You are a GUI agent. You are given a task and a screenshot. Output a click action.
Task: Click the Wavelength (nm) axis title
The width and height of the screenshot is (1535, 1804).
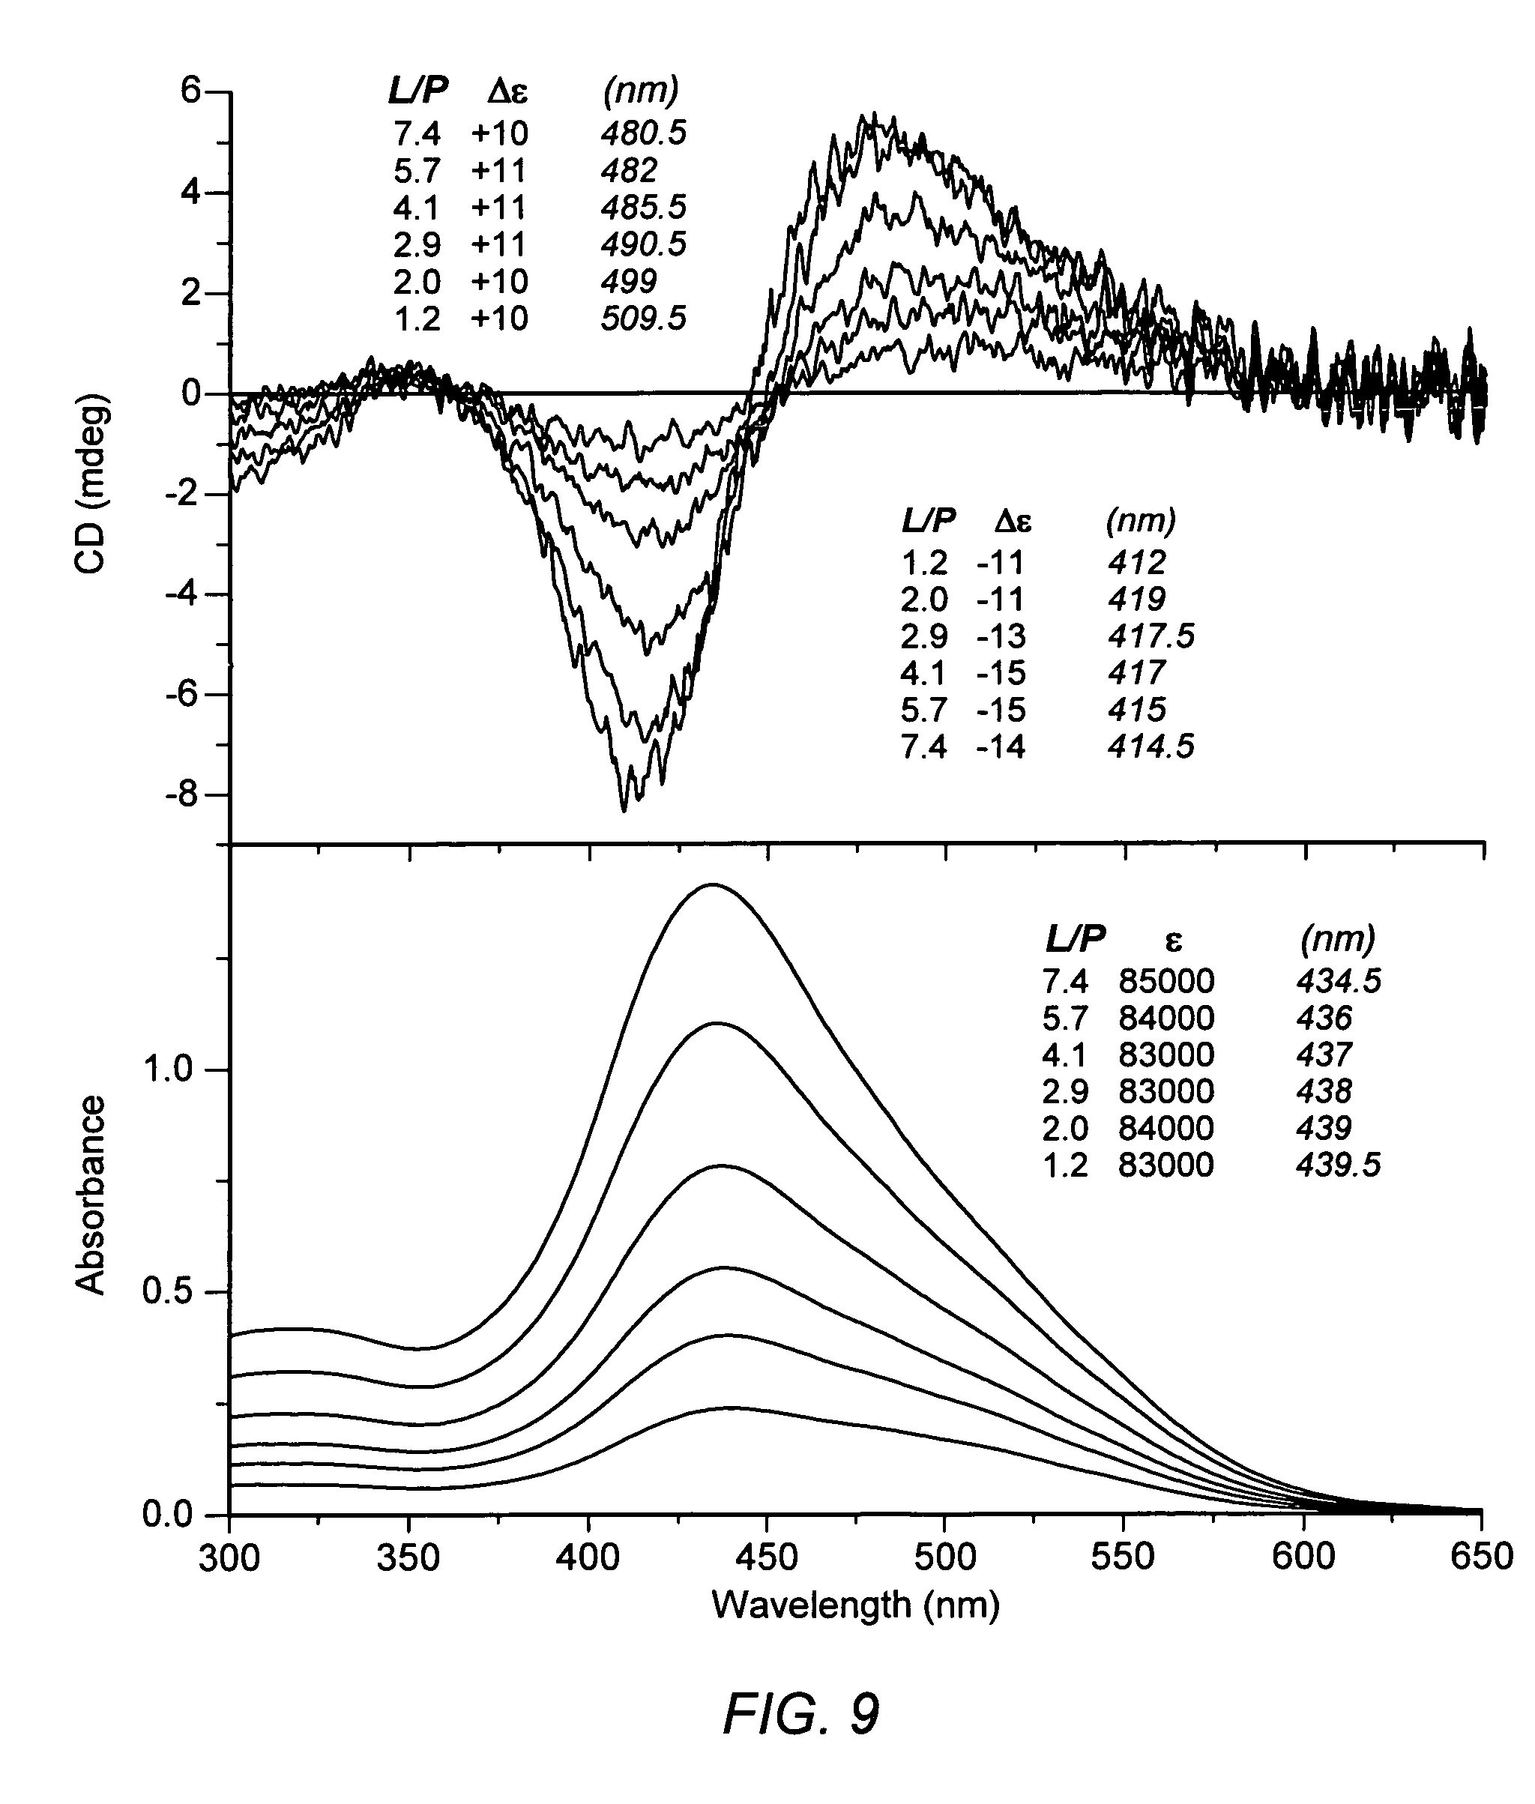click(x=855, y=1604)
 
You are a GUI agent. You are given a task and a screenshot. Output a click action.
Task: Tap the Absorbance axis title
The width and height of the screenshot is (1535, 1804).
click(x=91, y=1195)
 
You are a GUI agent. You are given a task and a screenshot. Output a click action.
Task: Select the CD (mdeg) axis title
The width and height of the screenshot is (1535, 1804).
click(x=91, y=484)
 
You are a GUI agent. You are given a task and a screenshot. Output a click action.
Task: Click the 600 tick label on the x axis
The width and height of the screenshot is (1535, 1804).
click(x=1303, y=1557)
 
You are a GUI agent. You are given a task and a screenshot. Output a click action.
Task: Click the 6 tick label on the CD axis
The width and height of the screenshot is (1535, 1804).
click(x=191, y=91)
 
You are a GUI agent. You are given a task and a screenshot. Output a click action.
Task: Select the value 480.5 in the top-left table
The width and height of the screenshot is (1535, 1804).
click(x=643, y=133)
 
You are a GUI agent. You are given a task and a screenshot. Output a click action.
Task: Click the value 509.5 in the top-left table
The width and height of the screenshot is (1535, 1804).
click(x=643, y=319)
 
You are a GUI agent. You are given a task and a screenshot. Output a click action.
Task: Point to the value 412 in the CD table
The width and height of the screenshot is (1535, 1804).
click(x=1136, y=563)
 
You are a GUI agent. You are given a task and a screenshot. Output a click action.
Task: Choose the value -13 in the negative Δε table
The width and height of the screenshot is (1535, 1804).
click(x=1001, y=637)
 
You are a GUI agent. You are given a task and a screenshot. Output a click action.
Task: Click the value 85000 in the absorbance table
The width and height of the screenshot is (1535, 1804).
click(x=1166, y=982)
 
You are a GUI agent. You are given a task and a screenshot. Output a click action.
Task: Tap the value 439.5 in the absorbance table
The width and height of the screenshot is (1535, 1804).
click(x=1337, y=1165)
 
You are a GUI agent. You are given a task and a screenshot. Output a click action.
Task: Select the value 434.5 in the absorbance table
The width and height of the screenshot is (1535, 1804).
click(x=1337, y=982)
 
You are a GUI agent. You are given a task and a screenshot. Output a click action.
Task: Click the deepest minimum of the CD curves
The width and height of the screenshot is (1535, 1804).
click(x=624, y=809)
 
